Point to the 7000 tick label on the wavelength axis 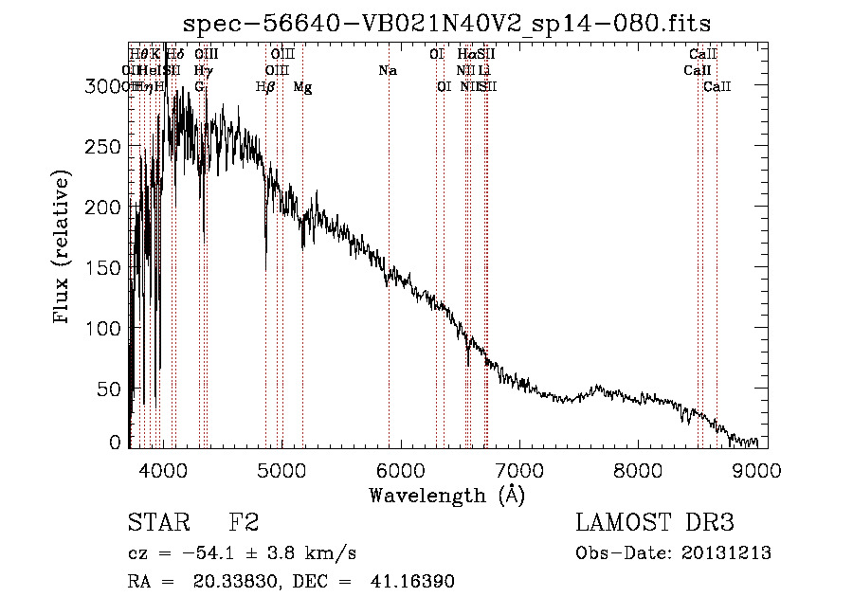(518, 469)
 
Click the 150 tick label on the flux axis (102, 268)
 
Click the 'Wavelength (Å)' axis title (447, 495)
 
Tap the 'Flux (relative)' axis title (64, 248)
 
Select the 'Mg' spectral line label (302, 86)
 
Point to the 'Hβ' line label (265, 86)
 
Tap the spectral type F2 (244, 523)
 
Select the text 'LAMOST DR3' (655, 523)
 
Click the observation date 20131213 (727, 553)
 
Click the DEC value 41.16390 (412, 582)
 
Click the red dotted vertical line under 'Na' (389, 284)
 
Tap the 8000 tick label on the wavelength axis (638, 469)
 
